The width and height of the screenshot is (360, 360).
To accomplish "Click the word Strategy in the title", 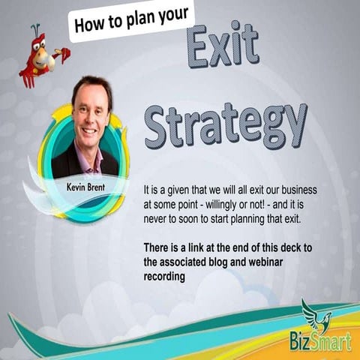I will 225,124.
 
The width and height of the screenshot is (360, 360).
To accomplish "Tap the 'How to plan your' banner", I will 131,20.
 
